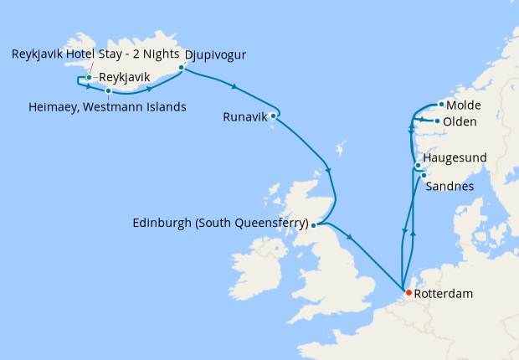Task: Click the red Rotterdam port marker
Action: point(408,292)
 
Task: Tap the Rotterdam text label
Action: point(444,294)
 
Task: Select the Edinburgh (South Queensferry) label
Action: point(220,224)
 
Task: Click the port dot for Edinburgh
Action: point(313,224)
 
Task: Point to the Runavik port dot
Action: point(273,116)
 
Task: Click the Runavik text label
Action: point(245,117)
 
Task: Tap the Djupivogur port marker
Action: point(181,68)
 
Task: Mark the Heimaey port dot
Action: point(108,90)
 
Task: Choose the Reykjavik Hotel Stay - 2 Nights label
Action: point(95,54)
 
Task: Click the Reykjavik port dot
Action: point(89,78)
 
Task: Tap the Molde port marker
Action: point(441,105)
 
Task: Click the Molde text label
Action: point(464,105)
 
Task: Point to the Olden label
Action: point(460,122)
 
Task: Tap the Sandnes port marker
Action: point(424,175)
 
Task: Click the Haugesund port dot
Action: point(418,166)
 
